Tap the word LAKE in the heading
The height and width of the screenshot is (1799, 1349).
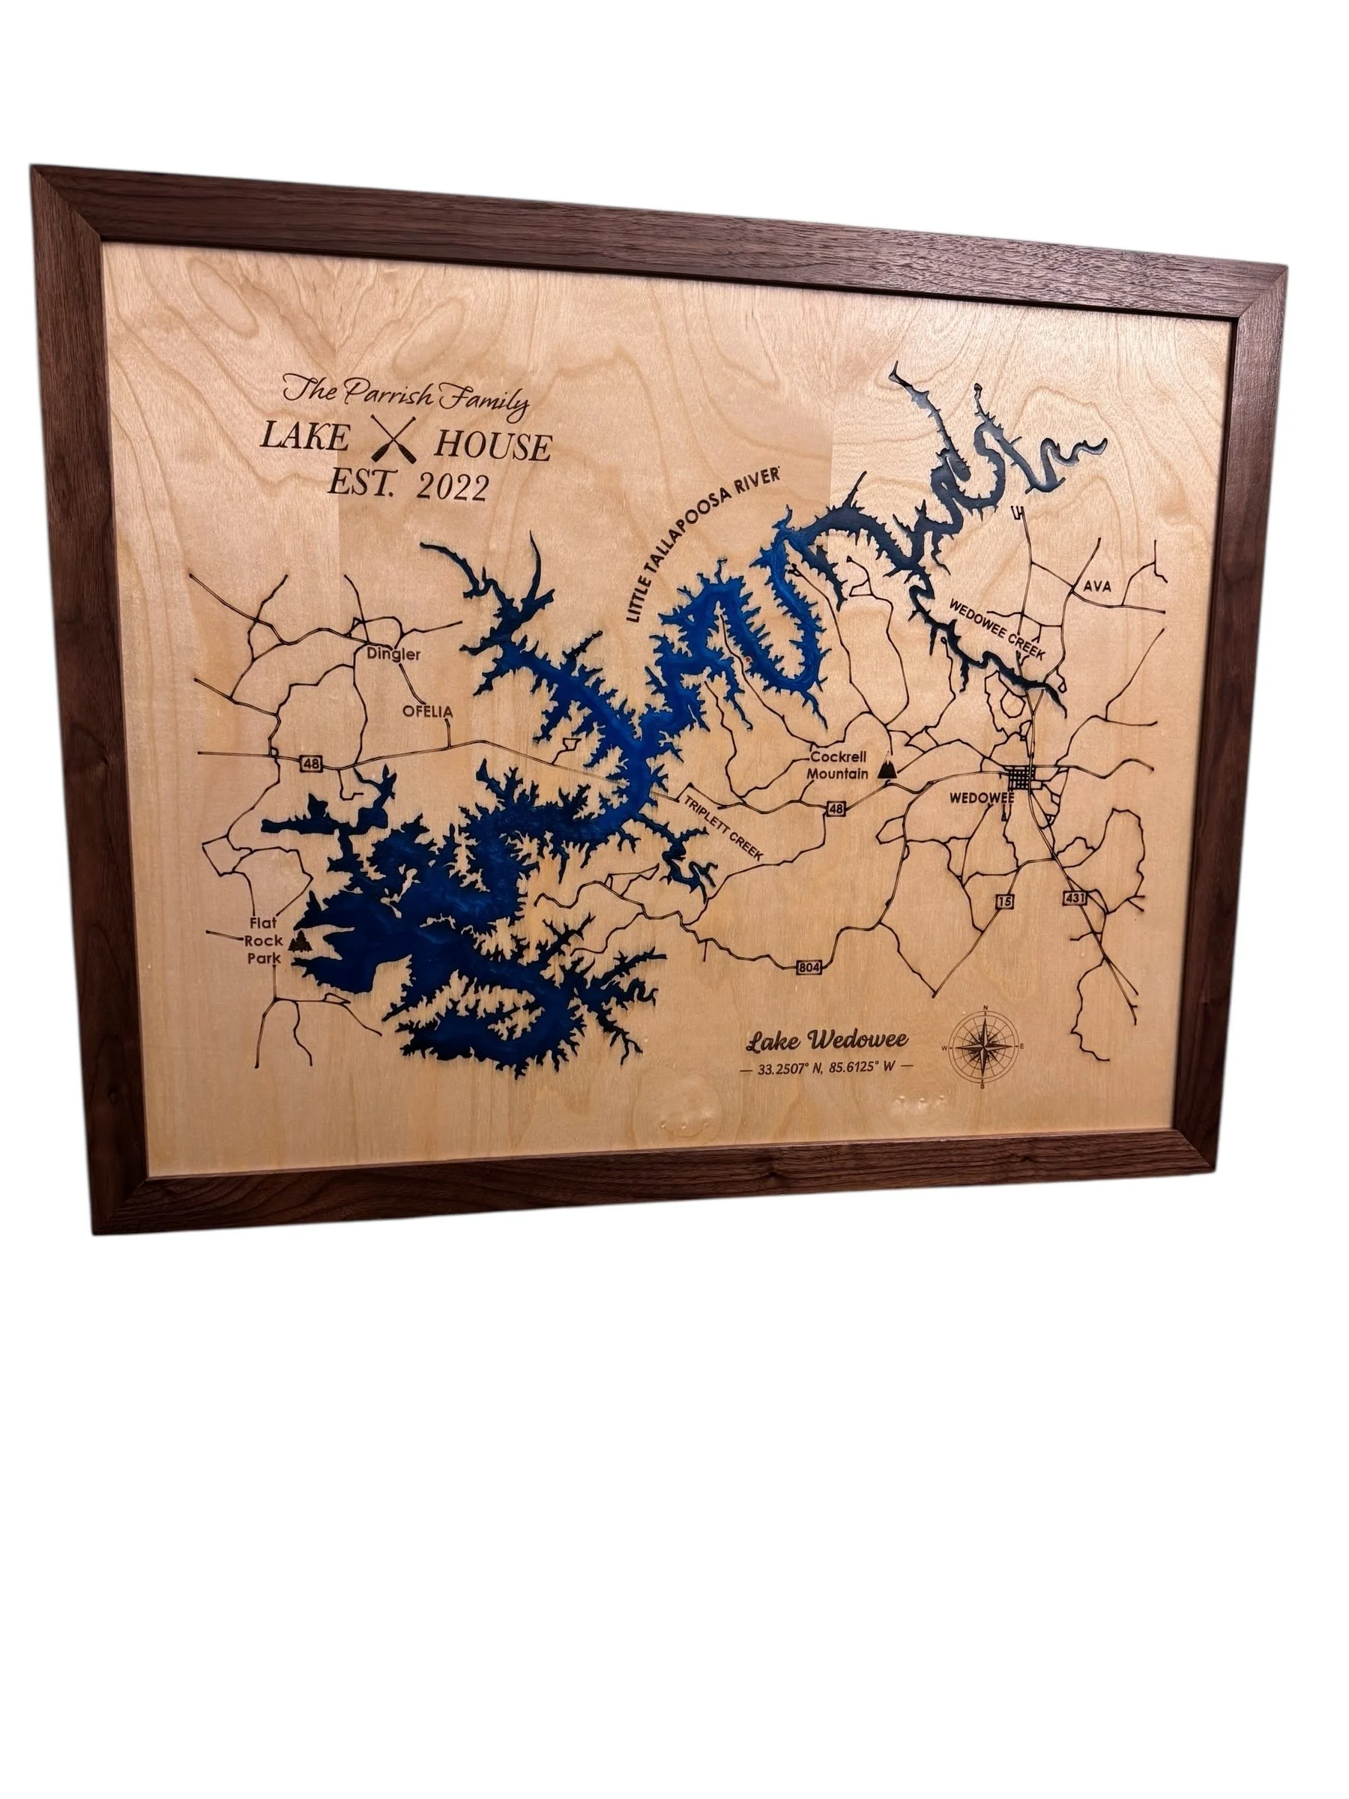coord(304,439)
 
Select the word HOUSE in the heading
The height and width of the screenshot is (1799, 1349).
coord(493,447)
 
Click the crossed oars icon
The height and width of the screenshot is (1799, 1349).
coord(393,439)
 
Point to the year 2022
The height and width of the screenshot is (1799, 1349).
coord(451,488)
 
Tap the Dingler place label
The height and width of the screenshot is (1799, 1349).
coord(393,654)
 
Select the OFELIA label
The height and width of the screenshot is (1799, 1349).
coord(427,711)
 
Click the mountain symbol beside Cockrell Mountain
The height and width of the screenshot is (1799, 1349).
coord(889,768)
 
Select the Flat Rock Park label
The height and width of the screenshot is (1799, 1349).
coord(265,941)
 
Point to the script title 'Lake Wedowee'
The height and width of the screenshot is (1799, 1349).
coord(827,1040)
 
